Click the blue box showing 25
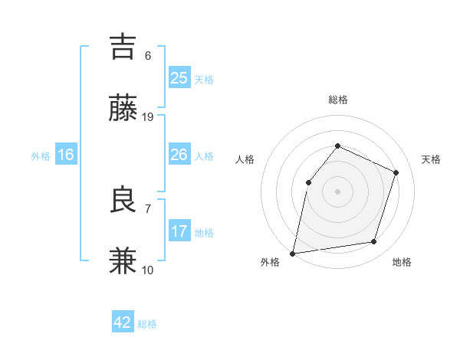tap(179, 78)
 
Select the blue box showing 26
tap(179, 155)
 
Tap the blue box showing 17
tap(179, 231)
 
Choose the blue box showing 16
tap(66, 155)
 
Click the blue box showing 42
tap(123, 322)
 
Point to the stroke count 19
tap(148, 116)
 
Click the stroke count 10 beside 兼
tap(148, 270)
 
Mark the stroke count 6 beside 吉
tap(148, 55)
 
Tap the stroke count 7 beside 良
tap(148, 208)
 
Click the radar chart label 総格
tap(337, 100)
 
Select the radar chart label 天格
tap(431, 159)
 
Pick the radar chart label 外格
tap(270, 263)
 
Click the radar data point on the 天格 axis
tap(396, 172)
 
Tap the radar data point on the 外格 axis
tap(293, 253)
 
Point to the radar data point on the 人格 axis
tap(308, 182)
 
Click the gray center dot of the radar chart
tap(337, 191)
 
